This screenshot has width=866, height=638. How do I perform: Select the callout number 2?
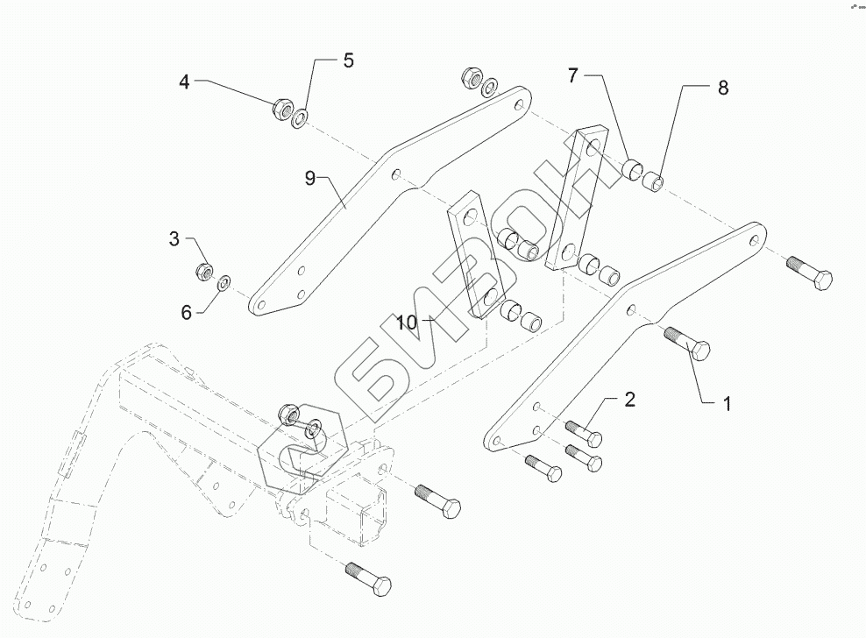pos(628,401)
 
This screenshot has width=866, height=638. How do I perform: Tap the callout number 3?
pos(174,238)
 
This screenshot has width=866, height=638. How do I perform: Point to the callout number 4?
pos(184,82)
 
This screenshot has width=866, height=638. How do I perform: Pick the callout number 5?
pos(347,60)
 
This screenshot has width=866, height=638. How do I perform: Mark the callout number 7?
pos(572,76)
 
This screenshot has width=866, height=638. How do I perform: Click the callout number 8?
pos(722,87)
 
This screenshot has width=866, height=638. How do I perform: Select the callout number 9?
pos(309,179)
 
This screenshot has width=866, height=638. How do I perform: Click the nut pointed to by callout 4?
pos(282,110)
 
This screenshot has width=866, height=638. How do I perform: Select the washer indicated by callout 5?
pos(300,117)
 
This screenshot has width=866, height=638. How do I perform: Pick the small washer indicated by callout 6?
pos(224,281)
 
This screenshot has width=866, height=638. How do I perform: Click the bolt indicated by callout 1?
pos(690,344)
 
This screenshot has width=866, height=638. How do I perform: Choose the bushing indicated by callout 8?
pos(652,183)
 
